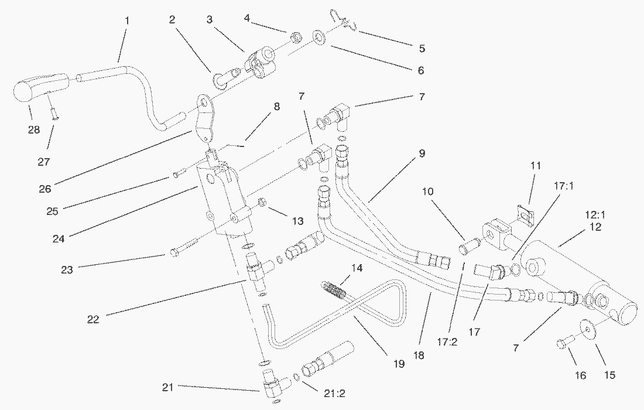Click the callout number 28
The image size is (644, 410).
(x=34, y=129)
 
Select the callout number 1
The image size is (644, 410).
(x=126, y=20)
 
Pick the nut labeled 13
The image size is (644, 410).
(x=263, y=203)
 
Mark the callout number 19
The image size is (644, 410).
(x=398, y=364)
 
